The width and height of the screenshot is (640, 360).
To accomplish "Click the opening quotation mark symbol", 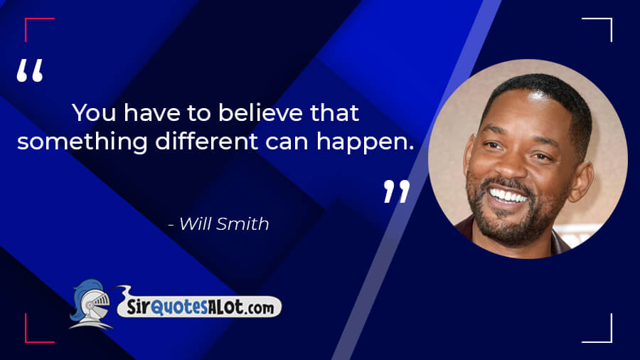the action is [x=29, y=70].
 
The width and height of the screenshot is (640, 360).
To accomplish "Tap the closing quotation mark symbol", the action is [x=397, y=191].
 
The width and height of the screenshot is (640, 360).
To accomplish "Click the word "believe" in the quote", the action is [x=260, y=112].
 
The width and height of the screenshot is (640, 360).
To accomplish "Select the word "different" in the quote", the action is [x=206, y=141].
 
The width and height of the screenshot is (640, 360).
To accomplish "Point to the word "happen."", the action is [x=366, y=143].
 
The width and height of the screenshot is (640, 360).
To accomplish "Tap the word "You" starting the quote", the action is [x=94, y=112].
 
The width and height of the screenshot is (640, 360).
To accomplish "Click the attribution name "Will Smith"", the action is [x=224, y=223].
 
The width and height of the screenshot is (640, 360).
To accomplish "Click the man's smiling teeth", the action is [x=508, y=196].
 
